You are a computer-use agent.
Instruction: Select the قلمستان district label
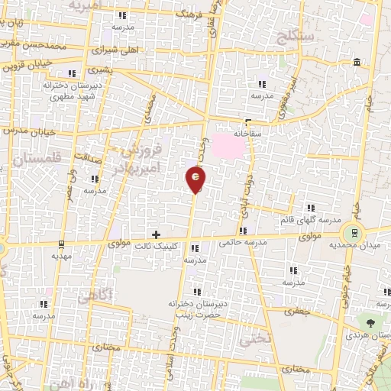point(35,160)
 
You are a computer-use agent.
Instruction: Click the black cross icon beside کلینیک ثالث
point(157,234)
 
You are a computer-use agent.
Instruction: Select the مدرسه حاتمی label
point(241,242)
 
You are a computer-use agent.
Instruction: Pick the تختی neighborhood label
point(255,340)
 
